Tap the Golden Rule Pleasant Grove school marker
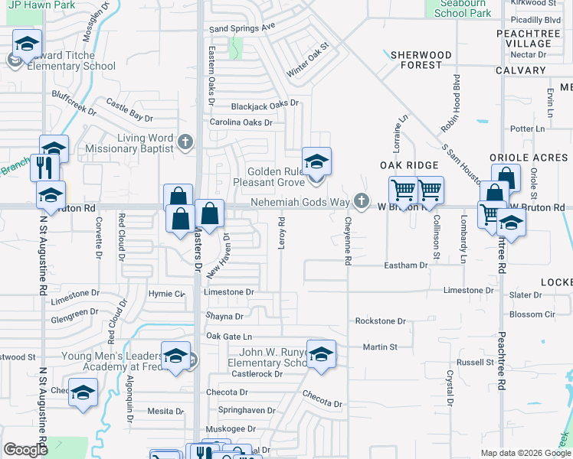(316, 161)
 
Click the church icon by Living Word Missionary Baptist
(184, 142)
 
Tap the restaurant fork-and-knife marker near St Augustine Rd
(44, 166)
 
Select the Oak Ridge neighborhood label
(409, 165)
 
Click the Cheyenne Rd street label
(347, 240)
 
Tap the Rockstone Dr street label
(380, 321)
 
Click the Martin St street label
(380, 347)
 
